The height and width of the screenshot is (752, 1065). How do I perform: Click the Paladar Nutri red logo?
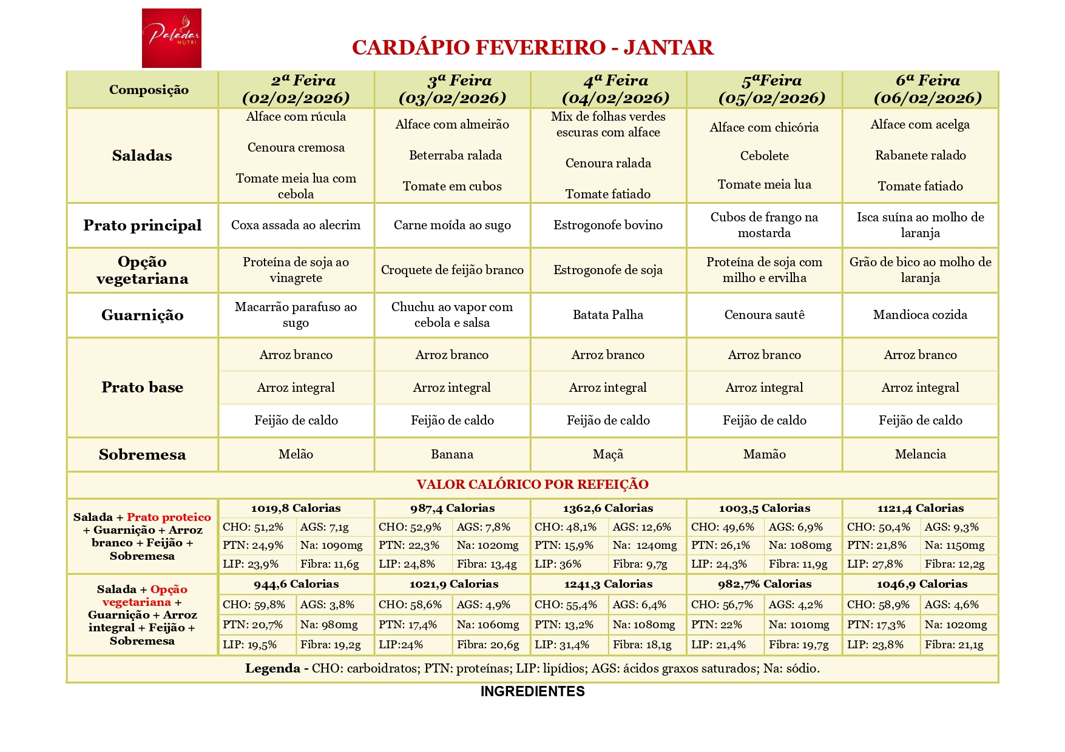(171, 38)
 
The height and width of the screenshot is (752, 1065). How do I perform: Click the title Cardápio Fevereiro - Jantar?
(532, 47)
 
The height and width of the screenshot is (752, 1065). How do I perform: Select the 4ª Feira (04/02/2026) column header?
(608, 89)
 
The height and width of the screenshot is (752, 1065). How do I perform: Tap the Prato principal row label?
(142, 225)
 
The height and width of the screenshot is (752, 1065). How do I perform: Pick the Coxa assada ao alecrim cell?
(296, 225)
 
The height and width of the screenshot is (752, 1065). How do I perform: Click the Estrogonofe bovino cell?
(608, 225)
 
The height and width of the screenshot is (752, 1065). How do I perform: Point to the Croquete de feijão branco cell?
(452, 270)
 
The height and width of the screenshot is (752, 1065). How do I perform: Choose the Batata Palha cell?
(608, 315)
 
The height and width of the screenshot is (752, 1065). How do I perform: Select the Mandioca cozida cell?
(920, 315)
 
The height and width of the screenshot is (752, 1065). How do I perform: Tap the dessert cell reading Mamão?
(764, 454)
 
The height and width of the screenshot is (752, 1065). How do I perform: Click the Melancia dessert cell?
(920, 454)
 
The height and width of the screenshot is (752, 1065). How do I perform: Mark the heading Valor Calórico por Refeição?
(532, 485)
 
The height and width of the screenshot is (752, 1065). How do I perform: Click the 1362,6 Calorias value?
(608, 508)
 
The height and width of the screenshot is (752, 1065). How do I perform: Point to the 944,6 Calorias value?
(296, 584)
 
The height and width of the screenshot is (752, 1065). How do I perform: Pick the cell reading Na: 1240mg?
(644, 545)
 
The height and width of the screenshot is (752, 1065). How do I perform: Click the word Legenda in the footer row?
(272, 668)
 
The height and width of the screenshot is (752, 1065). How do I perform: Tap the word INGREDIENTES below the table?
(532, 691)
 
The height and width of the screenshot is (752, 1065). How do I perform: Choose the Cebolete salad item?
(764, 156)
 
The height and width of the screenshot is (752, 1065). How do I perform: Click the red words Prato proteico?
(169, 517)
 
